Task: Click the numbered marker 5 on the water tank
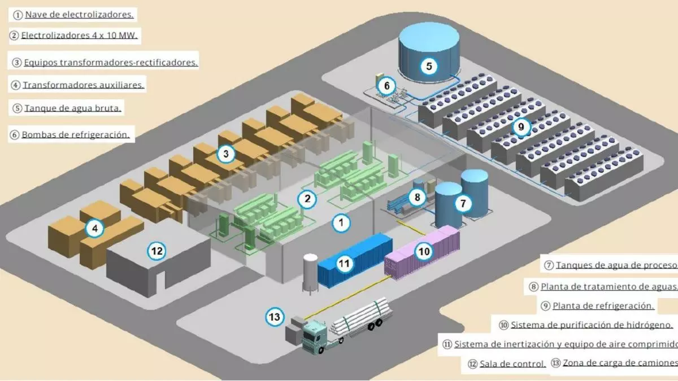429,66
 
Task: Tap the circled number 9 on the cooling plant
521,126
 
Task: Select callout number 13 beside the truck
275,317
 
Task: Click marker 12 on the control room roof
157,251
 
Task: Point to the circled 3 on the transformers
226,154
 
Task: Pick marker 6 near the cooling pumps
386,86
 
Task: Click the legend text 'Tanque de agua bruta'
73,108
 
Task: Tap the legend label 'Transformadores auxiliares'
84,85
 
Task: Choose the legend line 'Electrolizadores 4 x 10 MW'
79,36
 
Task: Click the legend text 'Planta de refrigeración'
603,306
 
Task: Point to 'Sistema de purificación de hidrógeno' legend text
592,325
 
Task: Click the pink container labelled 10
421,252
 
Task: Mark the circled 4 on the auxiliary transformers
95,228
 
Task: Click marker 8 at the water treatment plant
417,198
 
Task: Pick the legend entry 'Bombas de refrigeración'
76,134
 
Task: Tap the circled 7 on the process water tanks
463,204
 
